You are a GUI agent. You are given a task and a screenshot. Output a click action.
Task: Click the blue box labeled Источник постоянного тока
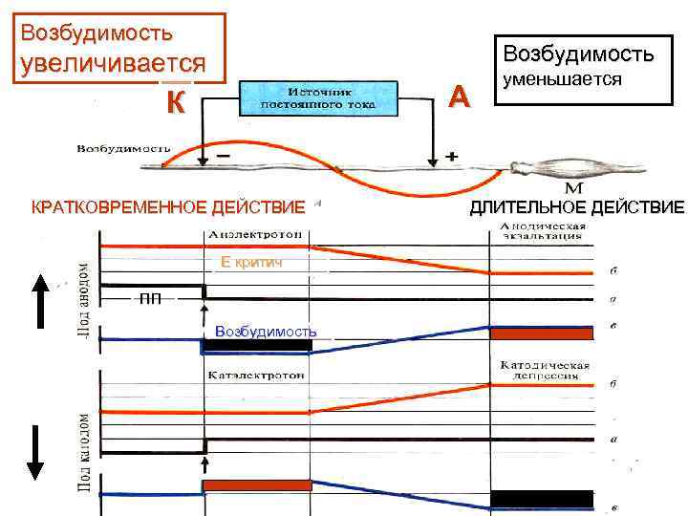(316, 97)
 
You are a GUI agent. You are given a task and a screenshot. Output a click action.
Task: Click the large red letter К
(174, 101)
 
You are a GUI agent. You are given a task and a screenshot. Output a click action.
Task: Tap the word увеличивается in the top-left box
(114, 63)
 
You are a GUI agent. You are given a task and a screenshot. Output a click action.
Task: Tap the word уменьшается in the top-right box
(563, 80)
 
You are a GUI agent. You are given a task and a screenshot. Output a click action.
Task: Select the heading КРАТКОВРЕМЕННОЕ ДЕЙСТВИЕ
(168, 206)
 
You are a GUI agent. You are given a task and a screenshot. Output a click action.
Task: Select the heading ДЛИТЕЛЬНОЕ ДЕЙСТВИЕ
(576, 207)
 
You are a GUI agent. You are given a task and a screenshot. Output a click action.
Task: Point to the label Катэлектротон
(252, 376)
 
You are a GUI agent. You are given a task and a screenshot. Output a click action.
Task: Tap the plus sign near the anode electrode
(451, 153)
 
